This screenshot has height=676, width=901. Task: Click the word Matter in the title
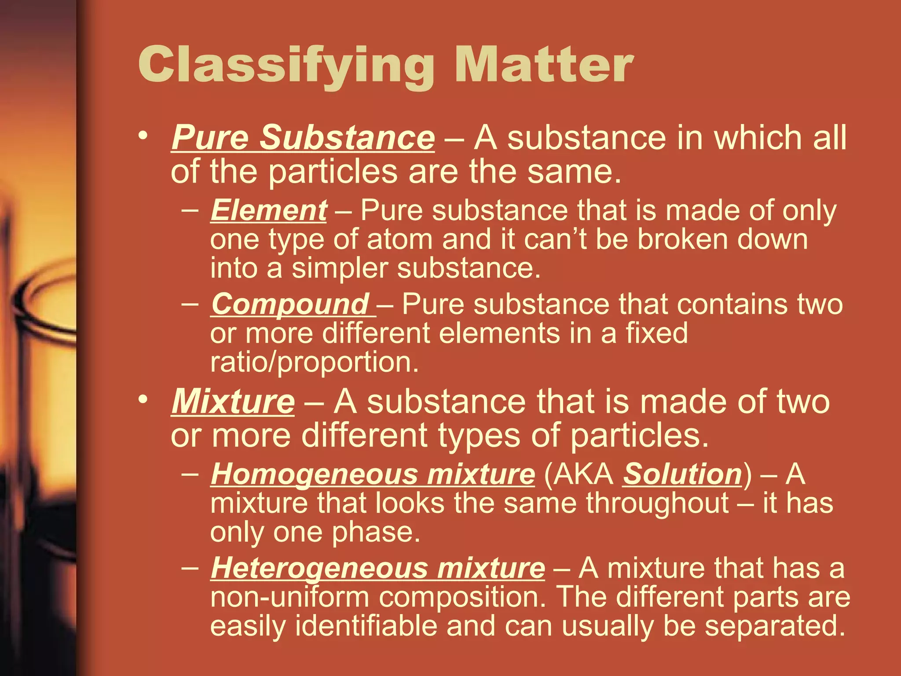(x=544, y=65)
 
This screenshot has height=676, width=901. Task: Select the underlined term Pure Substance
(x=303, y=138)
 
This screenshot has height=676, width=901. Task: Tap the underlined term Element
(x=268, y=210)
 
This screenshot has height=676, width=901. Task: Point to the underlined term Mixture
(x=233, y=402)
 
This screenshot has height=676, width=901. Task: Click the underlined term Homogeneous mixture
(x=373, y=474)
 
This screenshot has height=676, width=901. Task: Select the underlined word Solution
(x=682, y=474)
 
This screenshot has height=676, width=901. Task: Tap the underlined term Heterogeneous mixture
(x=377, y=568)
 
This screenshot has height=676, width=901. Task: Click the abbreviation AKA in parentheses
(x=579, y=474)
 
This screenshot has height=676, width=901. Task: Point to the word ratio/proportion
(x=314, y=362)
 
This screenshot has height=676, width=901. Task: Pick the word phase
(x=376, y=533)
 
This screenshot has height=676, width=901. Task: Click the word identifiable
(x=366, y=626)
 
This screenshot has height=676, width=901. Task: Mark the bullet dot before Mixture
(x=142, y=399)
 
